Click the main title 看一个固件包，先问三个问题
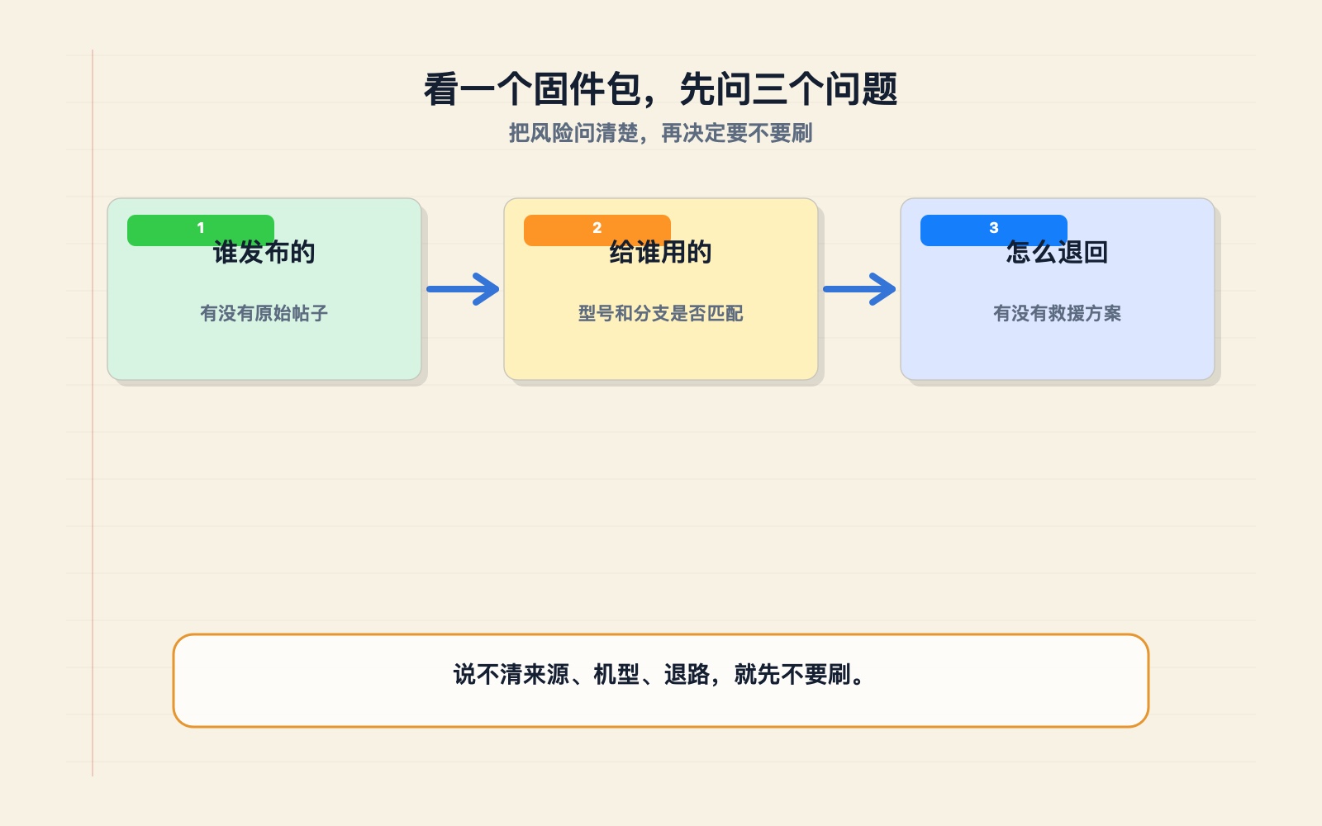(661, 89)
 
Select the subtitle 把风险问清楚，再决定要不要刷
(661, 133)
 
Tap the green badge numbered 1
(201, 230)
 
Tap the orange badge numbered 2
(597, 230)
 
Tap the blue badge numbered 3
(994, 230)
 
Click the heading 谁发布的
(264, 253)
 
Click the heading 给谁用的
(660, 253)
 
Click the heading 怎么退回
(1057, 253)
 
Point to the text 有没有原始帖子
(264, 313)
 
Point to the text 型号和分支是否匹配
(660, 313)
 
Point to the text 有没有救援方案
(1057, 313)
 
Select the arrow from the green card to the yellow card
(463, 289)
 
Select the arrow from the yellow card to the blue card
(859, 289)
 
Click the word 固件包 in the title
(587, 89)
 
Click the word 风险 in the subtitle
(551, 133)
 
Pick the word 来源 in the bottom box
(546, 674)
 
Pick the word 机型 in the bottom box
(616, 674)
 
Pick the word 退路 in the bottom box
(687, 674)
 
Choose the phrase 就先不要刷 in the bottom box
(792, 674)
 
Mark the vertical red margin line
(93, 413)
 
